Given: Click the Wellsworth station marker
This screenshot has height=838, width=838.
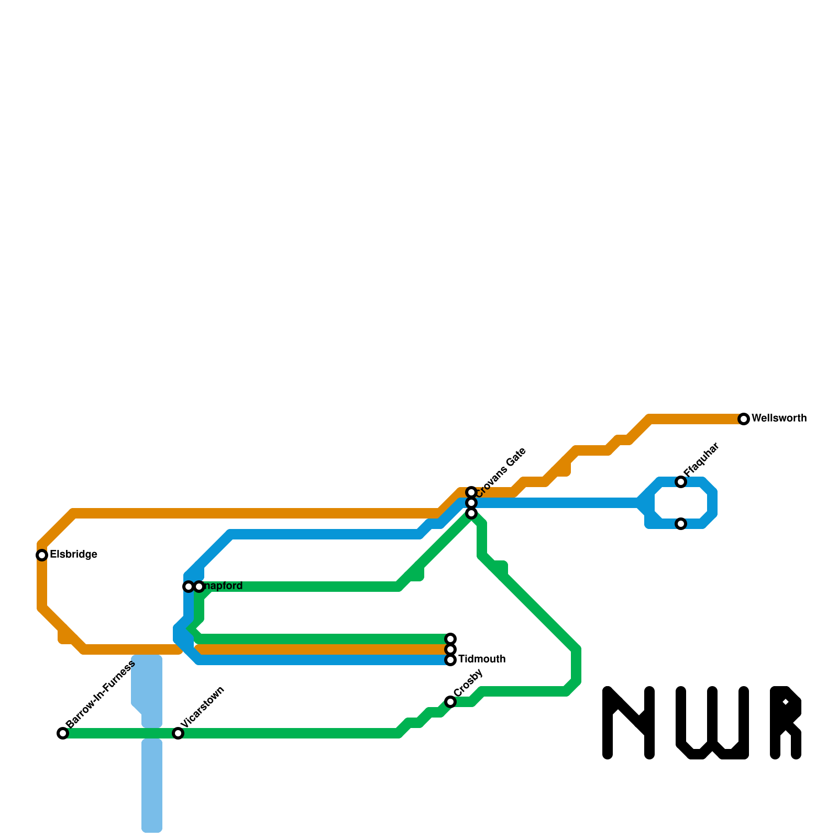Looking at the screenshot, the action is click(744, 419).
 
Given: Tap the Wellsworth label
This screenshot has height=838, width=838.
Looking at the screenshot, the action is click(779, 418).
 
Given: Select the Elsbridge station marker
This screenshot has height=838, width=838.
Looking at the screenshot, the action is click(42, 555).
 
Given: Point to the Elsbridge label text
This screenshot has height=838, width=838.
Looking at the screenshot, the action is click(73, 555).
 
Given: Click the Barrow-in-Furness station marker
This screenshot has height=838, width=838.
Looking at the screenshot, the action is click(63, 733).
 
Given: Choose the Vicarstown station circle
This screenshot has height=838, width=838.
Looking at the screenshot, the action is click(178, 733).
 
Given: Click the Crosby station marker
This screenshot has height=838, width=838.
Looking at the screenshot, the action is click(450, 702).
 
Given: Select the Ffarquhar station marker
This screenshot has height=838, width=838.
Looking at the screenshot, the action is click(681, 482).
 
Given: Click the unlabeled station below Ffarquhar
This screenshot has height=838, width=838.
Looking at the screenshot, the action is click(681, 524).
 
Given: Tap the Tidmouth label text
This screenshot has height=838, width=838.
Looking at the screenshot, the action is click(482, 659).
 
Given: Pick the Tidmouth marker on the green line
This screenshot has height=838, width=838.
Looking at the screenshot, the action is click(450, 639).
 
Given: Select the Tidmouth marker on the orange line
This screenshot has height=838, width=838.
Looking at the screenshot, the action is click(450, 649).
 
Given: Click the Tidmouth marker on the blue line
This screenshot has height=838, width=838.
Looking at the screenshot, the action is click(450, 660).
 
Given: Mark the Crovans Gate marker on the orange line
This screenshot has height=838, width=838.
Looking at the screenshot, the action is click(471, 492).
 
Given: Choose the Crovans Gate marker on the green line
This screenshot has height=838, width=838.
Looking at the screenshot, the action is click(471, 513).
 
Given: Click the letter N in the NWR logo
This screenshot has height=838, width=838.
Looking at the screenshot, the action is click(629, 723).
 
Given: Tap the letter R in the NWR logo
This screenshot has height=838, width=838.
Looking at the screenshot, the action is click(786, 723).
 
